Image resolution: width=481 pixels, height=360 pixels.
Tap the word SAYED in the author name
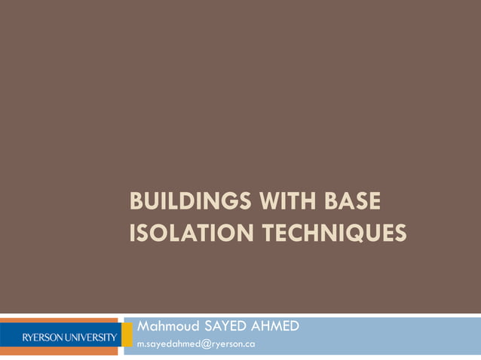pyautogui.click(x=225, y=327)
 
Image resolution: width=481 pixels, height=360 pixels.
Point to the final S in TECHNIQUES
pyautogui.click(x=400, y=234)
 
